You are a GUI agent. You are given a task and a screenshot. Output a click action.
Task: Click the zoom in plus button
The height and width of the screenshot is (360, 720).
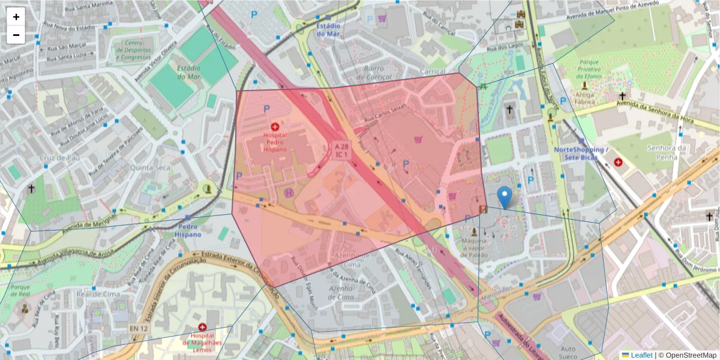point(16,17)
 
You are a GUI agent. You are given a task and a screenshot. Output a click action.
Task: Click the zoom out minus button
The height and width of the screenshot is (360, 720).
point(16,35)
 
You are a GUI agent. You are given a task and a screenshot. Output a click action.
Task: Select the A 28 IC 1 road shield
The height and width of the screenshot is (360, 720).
point(341,151)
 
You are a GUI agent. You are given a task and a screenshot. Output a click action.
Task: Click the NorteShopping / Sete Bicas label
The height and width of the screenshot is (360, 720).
point(581,153)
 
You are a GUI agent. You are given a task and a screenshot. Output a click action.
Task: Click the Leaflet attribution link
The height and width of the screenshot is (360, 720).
point(641,355)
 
